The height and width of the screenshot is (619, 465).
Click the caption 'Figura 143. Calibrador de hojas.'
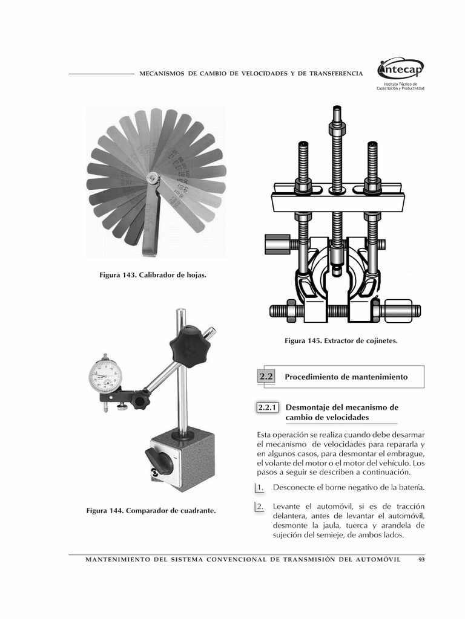(x=153, y=275)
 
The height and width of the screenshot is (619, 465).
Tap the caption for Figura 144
(x=151, y=511)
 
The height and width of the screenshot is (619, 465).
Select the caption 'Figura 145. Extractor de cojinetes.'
(x=341, y=341)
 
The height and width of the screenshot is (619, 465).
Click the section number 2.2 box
(x=266, y=377)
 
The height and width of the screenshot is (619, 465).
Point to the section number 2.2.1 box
(x=267, y=408)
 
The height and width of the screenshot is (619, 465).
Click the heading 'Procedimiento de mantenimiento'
(x=346, y=377)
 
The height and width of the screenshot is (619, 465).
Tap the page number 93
(x=421, y=559)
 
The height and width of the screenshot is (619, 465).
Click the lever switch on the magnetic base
(x=159, y=461)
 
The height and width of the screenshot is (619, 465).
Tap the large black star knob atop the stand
(x=190, y=345)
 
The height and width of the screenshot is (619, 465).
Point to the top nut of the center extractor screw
(x=337, y=129)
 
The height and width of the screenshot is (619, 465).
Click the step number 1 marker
(x=259, y=487)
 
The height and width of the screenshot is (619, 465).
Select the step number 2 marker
(x=259, y=507)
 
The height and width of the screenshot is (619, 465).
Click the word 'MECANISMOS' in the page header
(x=162, y=73)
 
